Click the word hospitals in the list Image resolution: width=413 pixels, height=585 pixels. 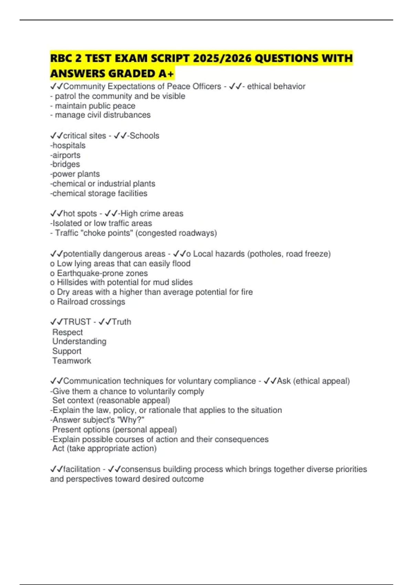point(69,146)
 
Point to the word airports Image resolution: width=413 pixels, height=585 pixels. point(66,155)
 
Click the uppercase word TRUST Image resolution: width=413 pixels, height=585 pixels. point(77,322)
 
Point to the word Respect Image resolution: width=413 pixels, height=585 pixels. point(67,332)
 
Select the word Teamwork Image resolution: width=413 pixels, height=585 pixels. point(72,361)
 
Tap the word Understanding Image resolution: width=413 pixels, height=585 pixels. point(79,341)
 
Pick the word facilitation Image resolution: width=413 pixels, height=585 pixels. point(82,469)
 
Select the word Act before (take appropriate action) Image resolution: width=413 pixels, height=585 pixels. point(58,448)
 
